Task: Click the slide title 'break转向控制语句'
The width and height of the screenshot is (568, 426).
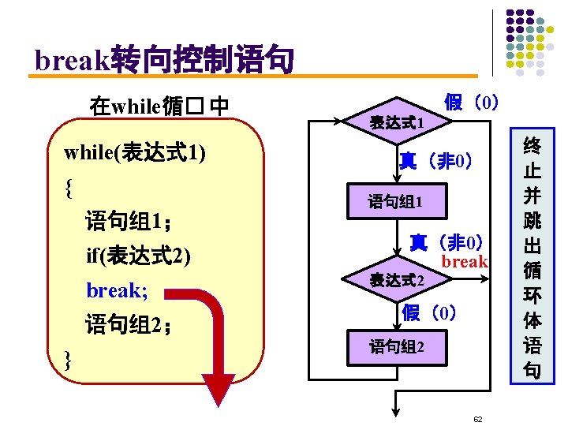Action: pos(164,59)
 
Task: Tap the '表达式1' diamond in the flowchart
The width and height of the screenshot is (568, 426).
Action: pos(398,123)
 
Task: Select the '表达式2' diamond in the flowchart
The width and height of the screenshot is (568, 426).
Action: pos(398,280)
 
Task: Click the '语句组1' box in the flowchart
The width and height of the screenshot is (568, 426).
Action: pos(396,202)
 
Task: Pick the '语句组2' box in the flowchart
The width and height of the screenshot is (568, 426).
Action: pos(397,347)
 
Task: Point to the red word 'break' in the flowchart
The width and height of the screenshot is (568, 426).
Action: pos(465,262)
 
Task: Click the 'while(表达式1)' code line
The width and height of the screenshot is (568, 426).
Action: pos(135,152)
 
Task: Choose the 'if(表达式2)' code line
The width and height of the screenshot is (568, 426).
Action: pos(139,256)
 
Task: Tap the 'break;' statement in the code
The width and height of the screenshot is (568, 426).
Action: pos(117,290)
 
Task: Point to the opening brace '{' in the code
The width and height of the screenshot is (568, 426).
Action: pos(70,187)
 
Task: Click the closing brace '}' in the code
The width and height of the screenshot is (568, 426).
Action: pos(69,360)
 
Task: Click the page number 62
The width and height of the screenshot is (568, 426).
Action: pos(478,418)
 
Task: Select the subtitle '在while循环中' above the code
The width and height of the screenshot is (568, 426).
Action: pos(159,105)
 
